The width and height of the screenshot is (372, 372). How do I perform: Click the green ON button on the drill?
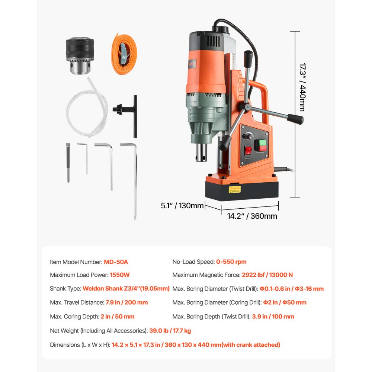pos(263,142)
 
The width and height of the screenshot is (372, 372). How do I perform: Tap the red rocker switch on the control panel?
pos(248,151)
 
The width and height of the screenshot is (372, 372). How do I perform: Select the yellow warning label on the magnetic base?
pos(234,189)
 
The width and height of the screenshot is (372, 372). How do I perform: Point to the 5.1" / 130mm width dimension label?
pos(182,205)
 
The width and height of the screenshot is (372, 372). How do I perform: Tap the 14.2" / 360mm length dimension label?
pos(252,216)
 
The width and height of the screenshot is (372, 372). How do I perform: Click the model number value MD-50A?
pos(116,262)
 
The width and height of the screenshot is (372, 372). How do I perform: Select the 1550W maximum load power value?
pos(120,275)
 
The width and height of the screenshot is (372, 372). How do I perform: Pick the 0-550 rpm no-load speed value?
pos(231,262)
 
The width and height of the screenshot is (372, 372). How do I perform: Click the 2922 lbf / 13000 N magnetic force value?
pos(267,275)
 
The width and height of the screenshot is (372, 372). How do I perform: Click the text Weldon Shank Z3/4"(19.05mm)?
pos(126,289)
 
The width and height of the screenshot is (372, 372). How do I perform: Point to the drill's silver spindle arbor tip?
pos(202,153)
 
